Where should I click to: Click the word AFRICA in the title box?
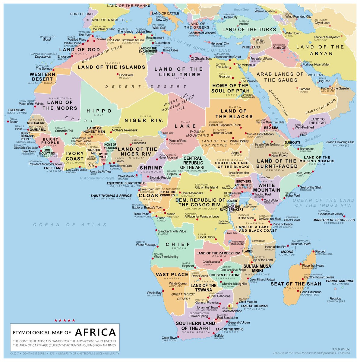(95, 332)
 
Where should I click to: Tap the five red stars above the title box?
(65, 320)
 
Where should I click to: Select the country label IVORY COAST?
(75, 156)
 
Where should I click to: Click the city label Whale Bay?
(154, 293)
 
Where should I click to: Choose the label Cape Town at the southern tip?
(169, 338)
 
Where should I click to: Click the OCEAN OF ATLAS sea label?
(70, 224)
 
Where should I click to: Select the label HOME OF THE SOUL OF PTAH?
(230, 88)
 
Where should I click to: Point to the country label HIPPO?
(99, 111)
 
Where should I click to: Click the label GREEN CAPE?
(17, 110)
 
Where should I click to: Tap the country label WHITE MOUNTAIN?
(267, 188)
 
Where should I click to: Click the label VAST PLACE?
(172, 275)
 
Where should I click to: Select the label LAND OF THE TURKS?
(249, 30)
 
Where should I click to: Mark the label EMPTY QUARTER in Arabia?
(320, 107)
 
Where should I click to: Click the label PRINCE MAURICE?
(340, 281)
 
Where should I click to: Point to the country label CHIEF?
(178, 244)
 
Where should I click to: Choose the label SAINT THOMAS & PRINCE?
(111, 195)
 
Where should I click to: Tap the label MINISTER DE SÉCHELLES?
(334, 220)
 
